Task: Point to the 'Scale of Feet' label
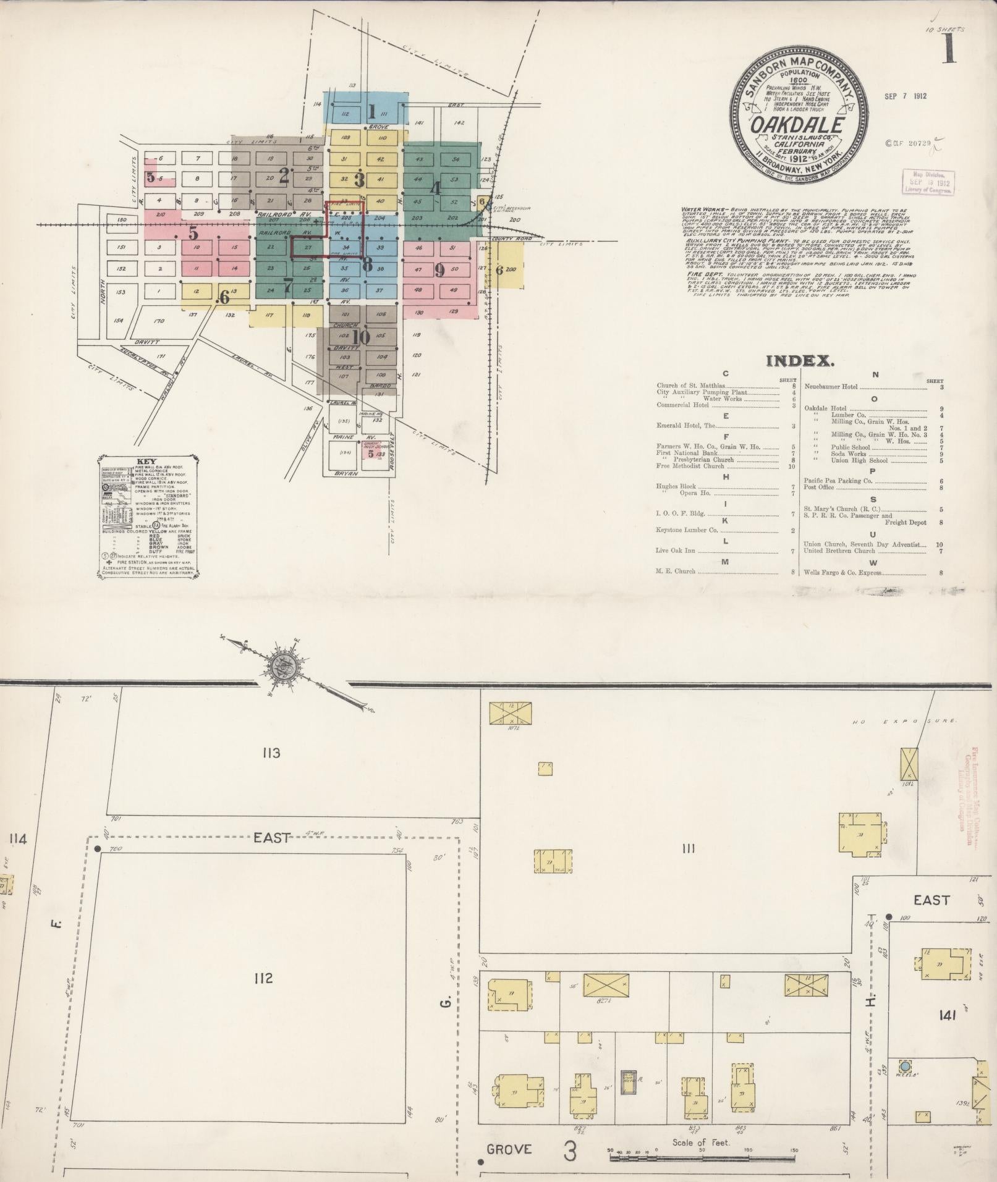coord(701,1142)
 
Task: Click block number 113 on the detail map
coord(271,753)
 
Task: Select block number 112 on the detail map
coord(263,977)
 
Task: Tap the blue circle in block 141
coord(906,1066)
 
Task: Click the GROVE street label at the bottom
coord(509,1149)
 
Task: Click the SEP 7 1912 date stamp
coord(905,96)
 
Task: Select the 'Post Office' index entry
coord(819,488)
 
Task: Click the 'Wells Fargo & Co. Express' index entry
coord(842,573)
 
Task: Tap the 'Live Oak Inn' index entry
coord(676,549)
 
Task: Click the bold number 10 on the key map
coord(361,337)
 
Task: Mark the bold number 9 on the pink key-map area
coord(439,270)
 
